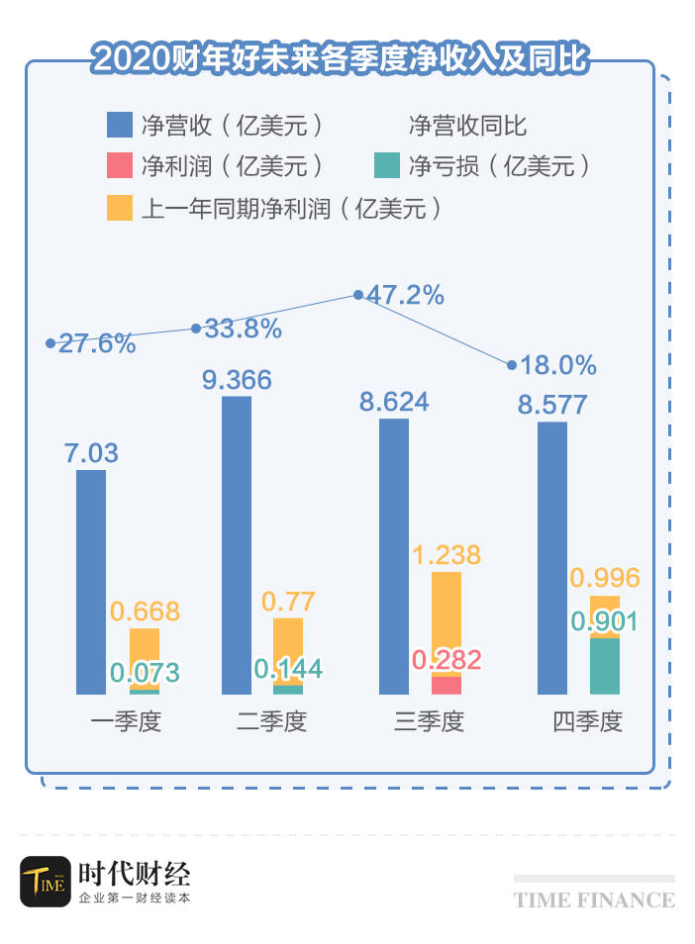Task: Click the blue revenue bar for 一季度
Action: [90, 582]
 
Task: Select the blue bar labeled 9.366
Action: [237, 545]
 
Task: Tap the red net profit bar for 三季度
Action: [447, 685]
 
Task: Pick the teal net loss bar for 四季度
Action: [604, 666]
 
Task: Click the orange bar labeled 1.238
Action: [447, 621]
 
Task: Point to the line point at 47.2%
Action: [358, 295]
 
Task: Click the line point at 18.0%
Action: [512, 365]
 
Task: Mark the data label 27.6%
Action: [96, 343]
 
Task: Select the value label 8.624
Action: [393, 402]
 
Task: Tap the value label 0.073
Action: [146, 674]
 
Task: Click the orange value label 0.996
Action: [605, 578]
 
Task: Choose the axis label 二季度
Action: [272, 721]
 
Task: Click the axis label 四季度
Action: [587, 721]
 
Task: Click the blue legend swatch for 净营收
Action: [119, 126]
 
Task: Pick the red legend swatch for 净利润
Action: [119, 165]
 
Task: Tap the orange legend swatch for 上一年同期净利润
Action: [119, 208]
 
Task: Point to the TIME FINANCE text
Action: [594, 899]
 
